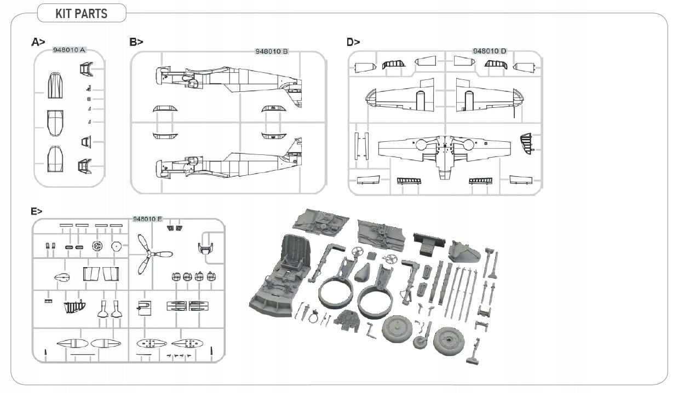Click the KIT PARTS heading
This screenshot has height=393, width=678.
81,14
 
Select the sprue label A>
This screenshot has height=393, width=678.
38,42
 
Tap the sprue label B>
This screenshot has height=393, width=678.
136,42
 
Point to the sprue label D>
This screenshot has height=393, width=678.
353,42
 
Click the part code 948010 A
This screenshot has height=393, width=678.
69,50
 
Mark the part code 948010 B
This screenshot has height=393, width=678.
272,52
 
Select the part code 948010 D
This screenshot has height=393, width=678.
490,51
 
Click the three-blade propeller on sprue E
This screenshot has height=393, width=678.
151,255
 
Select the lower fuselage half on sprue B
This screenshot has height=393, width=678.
230,163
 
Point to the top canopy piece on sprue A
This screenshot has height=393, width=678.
55,85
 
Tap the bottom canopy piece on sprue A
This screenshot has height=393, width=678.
55,158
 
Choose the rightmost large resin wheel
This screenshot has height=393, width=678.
448,340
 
